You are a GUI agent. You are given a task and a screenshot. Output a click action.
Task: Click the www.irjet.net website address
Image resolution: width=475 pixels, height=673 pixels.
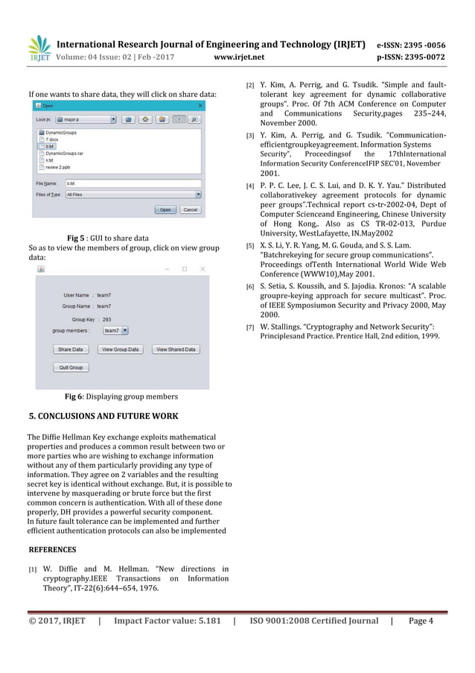236,56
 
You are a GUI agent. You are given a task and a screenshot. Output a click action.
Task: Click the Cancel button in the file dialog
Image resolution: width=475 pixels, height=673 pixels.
191,210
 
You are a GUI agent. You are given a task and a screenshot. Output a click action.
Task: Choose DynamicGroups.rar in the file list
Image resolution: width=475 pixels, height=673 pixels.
64,154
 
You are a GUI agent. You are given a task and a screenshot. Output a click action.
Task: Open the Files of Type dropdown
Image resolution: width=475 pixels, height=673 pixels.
134,194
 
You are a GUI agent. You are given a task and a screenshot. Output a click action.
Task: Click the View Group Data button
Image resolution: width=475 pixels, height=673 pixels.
120,349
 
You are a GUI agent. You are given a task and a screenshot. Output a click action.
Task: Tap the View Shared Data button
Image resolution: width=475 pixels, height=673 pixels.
176,349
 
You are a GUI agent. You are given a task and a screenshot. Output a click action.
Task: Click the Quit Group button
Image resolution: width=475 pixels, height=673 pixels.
71,367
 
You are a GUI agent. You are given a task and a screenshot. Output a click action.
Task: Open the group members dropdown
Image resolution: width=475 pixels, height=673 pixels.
115,330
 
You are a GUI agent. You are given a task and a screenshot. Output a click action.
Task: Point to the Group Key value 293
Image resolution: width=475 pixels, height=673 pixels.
106,319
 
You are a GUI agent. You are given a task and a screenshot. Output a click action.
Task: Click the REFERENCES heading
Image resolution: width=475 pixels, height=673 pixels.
51,549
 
